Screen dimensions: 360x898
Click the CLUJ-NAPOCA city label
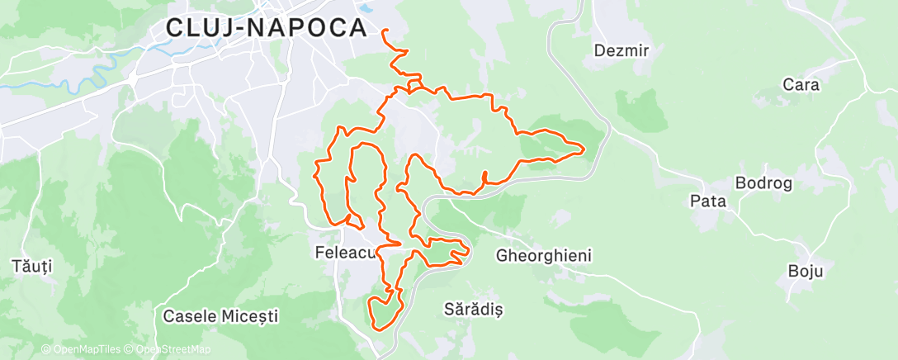click(266, 27)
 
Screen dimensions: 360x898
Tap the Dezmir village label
click(622, 50)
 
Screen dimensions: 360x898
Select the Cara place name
click(800, 84)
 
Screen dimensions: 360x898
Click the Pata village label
click(707, 200)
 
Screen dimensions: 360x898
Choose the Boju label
click(806, 271)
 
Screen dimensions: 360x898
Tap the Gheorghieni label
click(543, 256)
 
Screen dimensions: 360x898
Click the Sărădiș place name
click(473, 310)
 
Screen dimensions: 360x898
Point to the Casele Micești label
click(220, 315)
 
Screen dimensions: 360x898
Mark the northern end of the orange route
click(385, 31)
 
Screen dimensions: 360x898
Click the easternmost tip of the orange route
click(584, 149)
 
